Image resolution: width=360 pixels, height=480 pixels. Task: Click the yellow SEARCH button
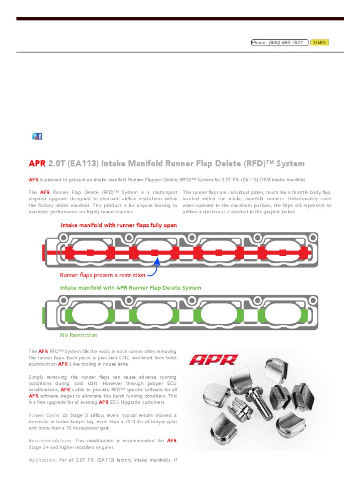[320, 43]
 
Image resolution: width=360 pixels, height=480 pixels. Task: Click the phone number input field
[280, 43]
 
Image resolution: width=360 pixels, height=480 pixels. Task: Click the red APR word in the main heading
[37, 164]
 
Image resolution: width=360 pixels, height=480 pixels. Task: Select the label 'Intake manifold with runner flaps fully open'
[119, 225]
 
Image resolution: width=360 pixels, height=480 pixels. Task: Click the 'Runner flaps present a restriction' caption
[102, 275]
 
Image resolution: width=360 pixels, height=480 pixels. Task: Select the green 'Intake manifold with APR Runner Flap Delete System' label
[130, 288]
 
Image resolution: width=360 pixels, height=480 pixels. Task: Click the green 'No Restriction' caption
[78, 335]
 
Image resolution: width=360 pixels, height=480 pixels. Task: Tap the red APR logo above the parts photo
[214, 360]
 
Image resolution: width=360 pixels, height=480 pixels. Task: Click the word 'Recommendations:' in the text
[50, 441]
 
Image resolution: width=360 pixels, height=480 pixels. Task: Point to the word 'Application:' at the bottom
[43, 460]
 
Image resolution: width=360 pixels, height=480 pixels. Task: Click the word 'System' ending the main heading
[290, 164]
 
